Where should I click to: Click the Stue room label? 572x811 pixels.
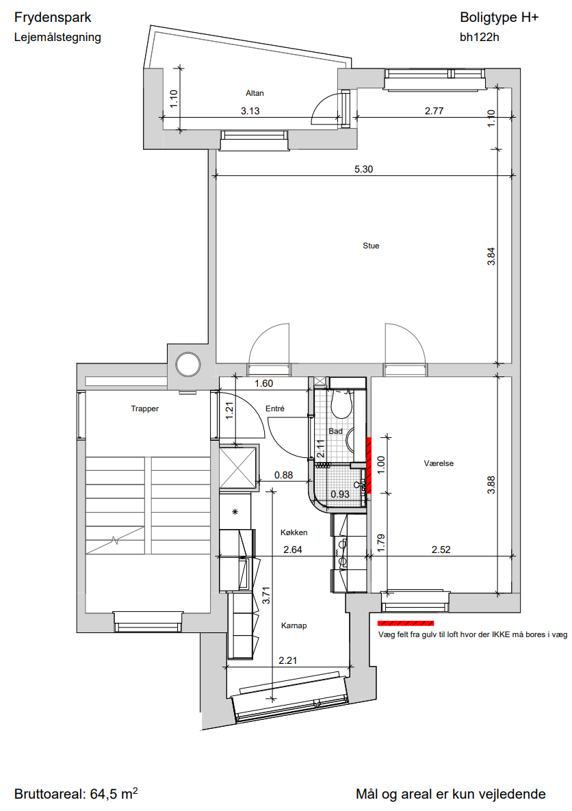point(371,246)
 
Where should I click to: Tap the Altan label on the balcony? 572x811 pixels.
point(255,93)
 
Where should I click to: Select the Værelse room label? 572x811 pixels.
point(439,463)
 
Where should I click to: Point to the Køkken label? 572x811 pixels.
point(294,532)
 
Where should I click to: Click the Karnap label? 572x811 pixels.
point(294,626)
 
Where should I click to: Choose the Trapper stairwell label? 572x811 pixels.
point(145,409)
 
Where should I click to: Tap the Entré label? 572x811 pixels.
point(275,409)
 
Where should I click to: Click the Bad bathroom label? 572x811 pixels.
point(335,431)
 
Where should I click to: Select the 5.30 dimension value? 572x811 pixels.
point(363,169)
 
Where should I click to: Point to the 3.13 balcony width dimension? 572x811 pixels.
point(250,111)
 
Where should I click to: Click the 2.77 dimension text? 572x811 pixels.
point(434,111)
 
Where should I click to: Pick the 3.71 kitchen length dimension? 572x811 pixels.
point(266,595)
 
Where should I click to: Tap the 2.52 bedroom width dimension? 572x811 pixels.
point(441,550)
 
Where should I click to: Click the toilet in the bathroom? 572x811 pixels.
point(341,403)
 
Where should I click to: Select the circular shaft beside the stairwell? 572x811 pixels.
point(187,364)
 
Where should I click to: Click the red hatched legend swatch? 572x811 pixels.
point(406,623)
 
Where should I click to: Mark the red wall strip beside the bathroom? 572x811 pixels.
point(369,465)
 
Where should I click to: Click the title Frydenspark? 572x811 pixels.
point(53,18)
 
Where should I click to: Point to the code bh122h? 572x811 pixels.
point(480,37)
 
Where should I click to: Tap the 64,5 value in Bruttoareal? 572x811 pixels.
point(103,794)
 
